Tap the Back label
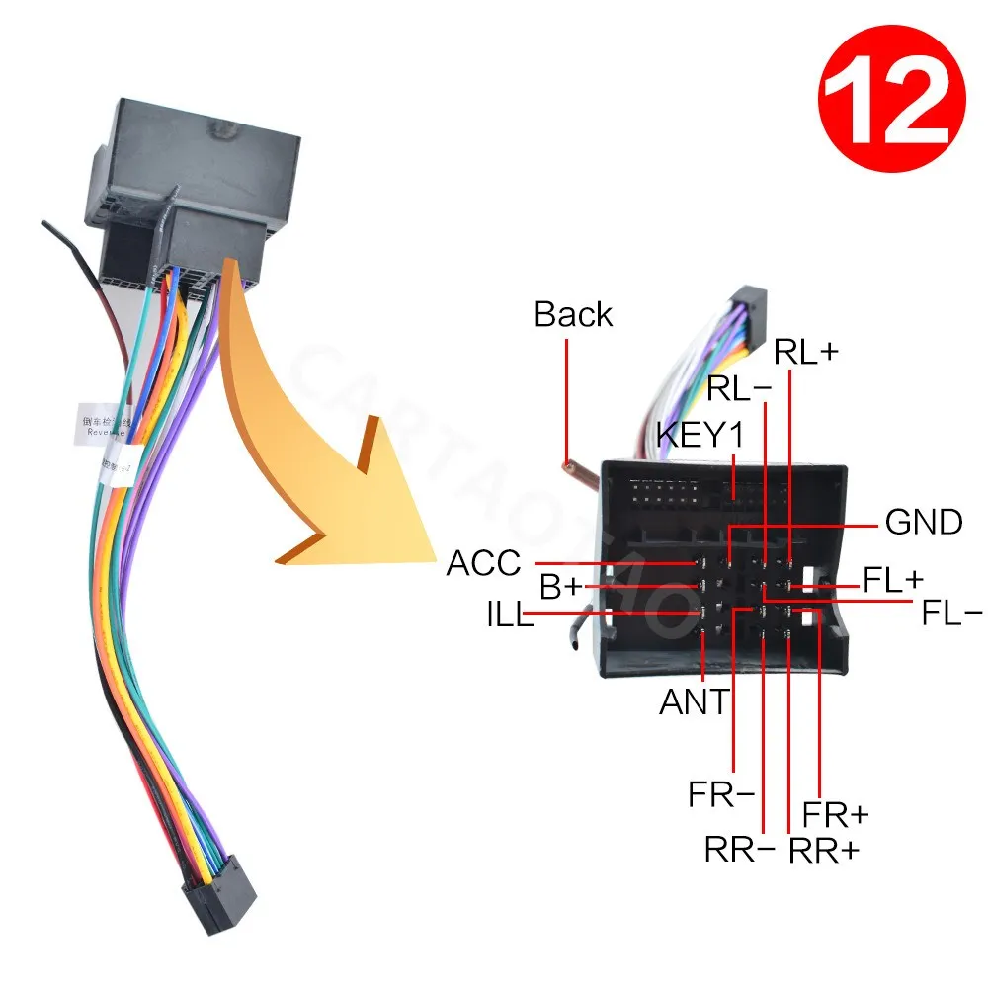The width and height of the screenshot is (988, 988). (x=573, y=314)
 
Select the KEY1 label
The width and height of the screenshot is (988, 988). (x=700, y=434)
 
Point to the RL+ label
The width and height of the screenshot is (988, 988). (x=806, y=352)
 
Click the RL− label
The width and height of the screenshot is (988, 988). (x=739, y=389)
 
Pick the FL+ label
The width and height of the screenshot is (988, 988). (x=893, y=580)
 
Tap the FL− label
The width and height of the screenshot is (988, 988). (x=951, y=614)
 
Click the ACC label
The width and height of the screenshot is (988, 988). (x=483, y=564)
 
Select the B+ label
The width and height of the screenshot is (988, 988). (x=561, y=587)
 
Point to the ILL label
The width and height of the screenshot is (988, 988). (x=507, y=617)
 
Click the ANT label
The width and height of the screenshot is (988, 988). (x=694, y=701)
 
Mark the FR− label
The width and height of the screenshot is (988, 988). (x=722, y=794)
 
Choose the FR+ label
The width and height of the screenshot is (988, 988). (x=836, y=814)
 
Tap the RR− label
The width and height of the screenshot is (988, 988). (x=740, y=849)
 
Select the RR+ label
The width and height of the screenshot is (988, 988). (x=824, y=850)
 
